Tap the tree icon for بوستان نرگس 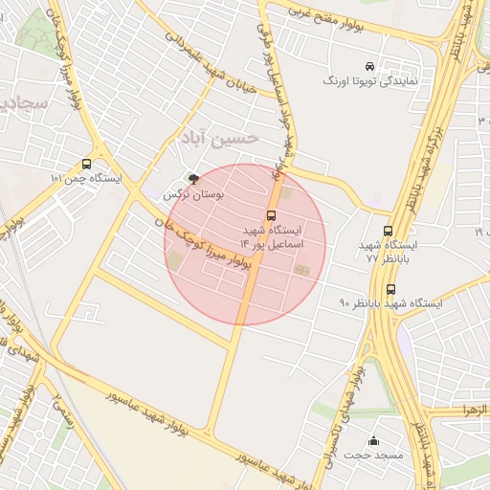point(194,179)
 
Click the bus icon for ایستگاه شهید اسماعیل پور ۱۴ point(271,215)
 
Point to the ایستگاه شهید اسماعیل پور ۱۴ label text point(271,238)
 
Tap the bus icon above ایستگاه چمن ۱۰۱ point(87,164)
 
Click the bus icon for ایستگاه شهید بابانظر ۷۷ point(388,231)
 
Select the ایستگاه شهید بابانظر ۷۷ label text point(388,252)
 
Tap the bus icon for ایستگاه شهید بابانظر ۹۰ point(390,289)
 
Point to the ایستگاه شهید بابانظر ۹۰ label point(390,303)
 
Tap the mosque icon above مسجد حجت point(373,440)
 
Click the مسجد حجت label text point(373,456)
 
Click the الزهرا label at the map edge point(473,410)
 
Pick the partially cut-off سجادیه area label point(18,102)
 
